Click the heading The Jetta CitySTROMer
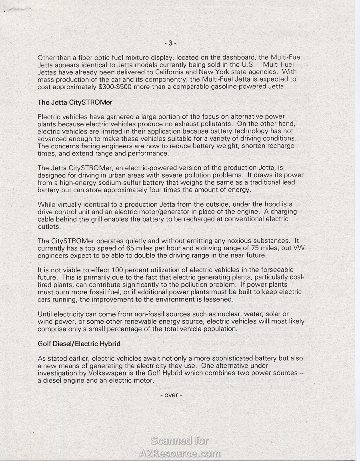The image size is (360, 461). point(75,102)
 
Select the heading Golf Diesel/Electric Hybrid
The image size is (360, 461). point(79,343)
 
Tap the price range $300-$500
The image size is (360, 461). point(119,87)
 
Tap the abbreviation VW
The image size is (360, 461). point(299,248)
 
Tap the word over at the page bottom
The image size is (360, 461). point(171,395)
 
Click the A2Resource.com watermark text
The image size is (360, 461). point(180,453)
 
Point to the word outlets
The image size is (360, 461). point(49,226)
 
